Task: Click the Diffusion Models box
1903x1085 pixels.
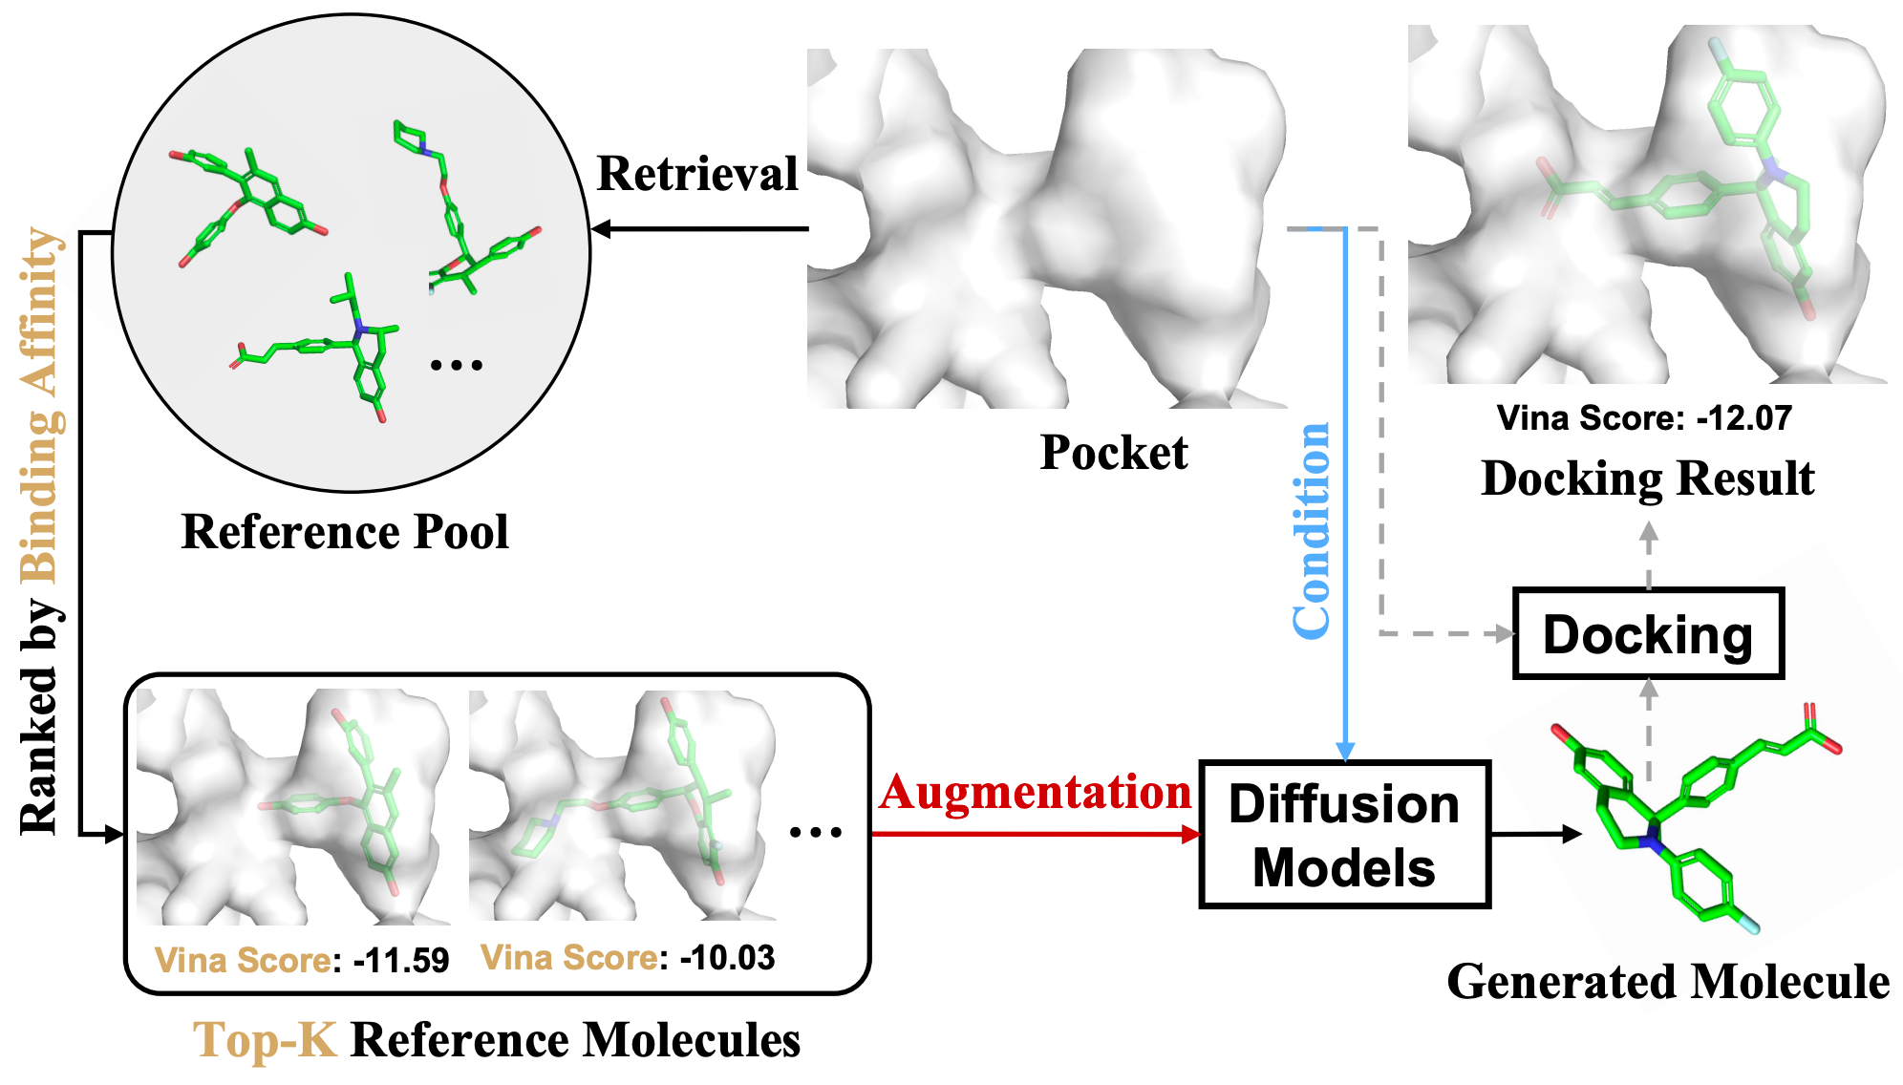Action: [1344, 834]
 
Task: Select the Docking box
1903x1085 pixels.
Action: [1648, 634]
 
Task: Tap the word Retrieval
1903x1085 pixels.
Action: [697, 174]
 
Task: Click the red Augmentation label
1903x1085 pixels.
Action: [1036, 793]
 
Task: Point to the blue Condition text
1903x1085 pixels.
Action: [1312, 530]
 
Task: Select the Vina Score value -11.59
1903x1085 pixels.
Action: [400, 960]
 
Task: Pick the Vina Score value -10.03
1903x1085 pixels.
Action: [727, 957]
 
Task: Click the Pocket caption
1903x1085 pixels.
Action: [1114, 453]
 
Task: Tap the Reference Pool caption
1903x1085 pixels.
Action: [345, 532]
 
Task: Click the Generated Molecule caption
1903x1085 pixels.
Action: [1668, 982]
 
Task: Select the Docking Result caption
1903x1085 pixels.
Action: [1647, 479]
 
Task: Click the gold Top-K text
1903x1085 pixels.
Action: [265, 1040]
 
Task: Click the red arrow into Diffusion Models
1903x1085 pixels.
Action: [1037, 834]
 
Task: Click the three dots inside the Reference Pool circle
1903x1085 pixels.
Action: [456, 365]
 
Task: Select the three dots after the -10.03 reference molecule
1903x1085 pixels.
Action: [815, 833]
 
